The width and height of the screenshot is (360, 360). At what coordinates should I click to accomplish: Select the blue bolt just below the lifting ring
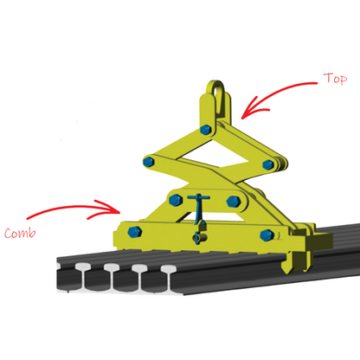click(205, 131)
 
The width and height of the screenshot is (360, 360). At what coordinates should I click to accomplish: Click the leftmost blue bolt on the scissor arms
click(150, 162)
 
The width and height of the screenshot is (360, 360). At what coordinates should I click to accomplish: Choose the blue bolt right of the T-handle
click(233, 201)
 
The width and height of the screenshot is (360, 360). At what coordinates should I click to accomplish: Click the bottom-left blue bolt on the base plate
click(135, 231)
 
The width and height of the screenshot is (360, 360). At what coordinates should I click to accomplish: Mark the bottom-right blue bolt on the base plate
click(267, 234)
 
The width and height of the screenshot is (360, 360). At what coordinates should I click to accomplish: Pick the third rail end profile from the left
click(141, 278)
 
